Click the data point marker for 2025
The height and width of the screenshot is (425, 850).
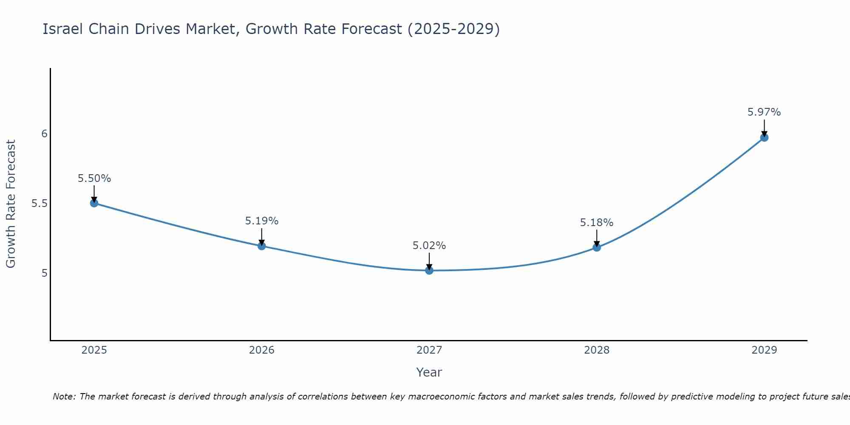point(94,203)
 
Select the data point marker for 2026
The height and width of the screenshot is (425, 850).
point(261,246)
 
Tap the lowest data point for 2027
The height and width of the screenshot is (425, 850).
point(429,270)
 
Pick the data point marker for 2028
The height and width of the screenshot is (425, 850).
point(597,247)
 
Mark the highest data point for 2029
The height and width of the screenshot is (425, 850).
point(764,137)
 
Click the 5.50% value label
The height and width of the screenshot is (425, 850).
point(94,178)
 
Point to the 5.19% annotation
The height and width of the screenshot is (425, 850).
point(261,221)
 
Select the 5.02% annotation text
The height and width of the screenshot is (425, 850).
point(429,246)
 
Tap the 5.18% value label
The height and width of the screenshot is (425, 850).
point(597,223)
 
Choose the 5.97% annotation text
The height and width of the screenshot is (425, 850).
point(764,112)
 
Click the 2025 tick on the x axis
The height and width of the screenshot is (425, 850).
point(94,350)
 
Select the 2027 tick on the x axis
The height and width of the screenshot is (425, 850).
point(429,350)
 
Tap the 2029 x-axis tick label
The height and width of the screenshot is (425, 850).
point(764,350)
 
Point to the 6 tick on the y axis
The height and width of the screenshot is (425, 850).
point(44,134)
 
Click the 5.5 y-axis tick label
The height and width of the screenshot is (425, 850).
point(40,204)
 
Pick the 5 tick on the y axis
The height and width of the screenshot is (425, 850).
point(44,273)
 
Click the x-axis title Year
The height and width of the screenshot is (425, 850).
point(429,372)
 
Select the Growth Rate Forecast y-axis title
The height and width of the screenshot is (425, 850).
point(11,204)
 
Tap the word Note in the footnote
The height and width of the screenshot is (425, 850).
point(63,397)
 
